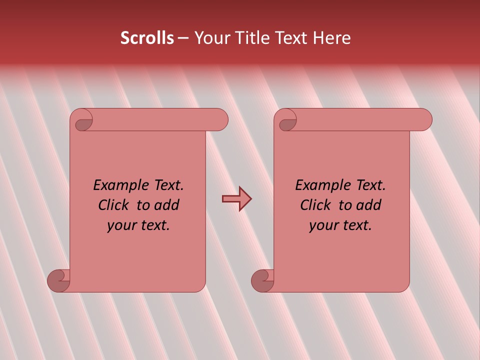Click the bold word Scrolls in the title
(x=147, y=38)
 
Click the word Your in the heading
(x=210, y=38)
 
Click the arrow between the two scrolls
(x=236, y=199)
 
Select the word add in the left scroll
(x=166, y=205)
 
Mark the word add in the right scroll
(x=368, y=205)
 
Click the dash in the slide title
(x=183, y=38)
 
